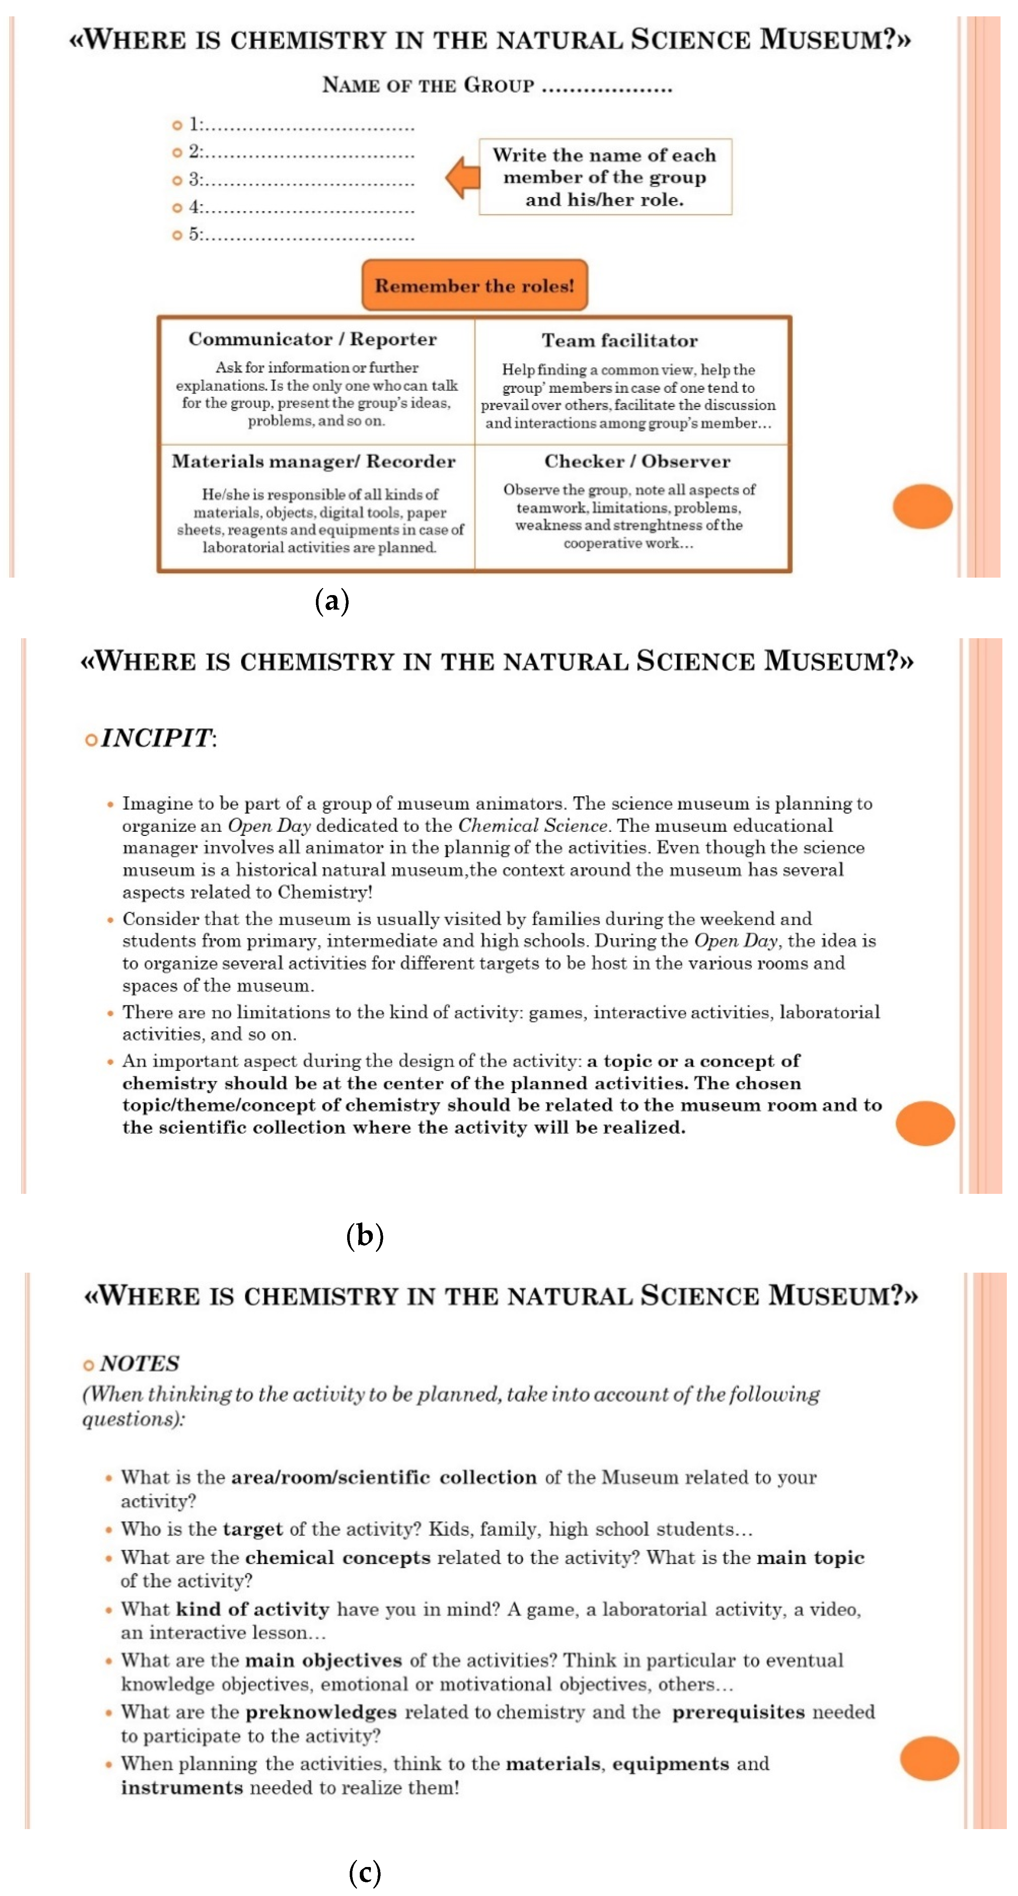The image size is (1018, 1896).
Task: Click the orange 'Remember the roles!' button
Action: pyautogui.click(x=474, y=285)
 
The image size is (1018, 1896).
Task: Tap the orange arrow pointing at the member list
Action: pyautogui.click(x=463, y=177)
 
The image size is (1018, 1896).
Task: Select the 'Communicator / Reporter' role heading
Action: pyautogui.click(x=312, y=339)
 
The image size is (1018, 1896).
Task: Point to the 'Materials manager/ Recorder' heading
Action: pyautogui.click(x=314, y=462)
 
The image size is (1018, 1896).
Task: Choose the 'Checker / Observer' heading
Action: pyautogui.click(x=637, y=462)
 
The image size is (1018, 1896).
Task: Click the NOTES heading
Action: pyautogui.click(x=139, y=1364)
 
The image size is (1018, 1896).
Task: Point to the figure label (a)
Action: pyautogui.click(x=332, y=601)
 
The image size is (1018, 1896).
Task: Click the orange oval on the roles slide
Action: pyautogui.click(x=922, y=506)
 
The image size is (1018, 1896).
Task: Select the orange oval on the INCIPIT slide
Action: pyautogui.click(x=924, y=1123)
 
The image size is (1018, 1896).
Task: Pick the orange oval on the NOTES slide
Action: pyautogui.click(x=929, y=1758)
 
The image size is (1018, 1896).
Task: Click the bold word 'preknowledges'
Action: pyautogui.click(x=321, y=1712)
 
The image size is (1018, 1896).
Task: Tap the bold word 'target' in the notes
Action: pyautogui.click(x=252, y=1530)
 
